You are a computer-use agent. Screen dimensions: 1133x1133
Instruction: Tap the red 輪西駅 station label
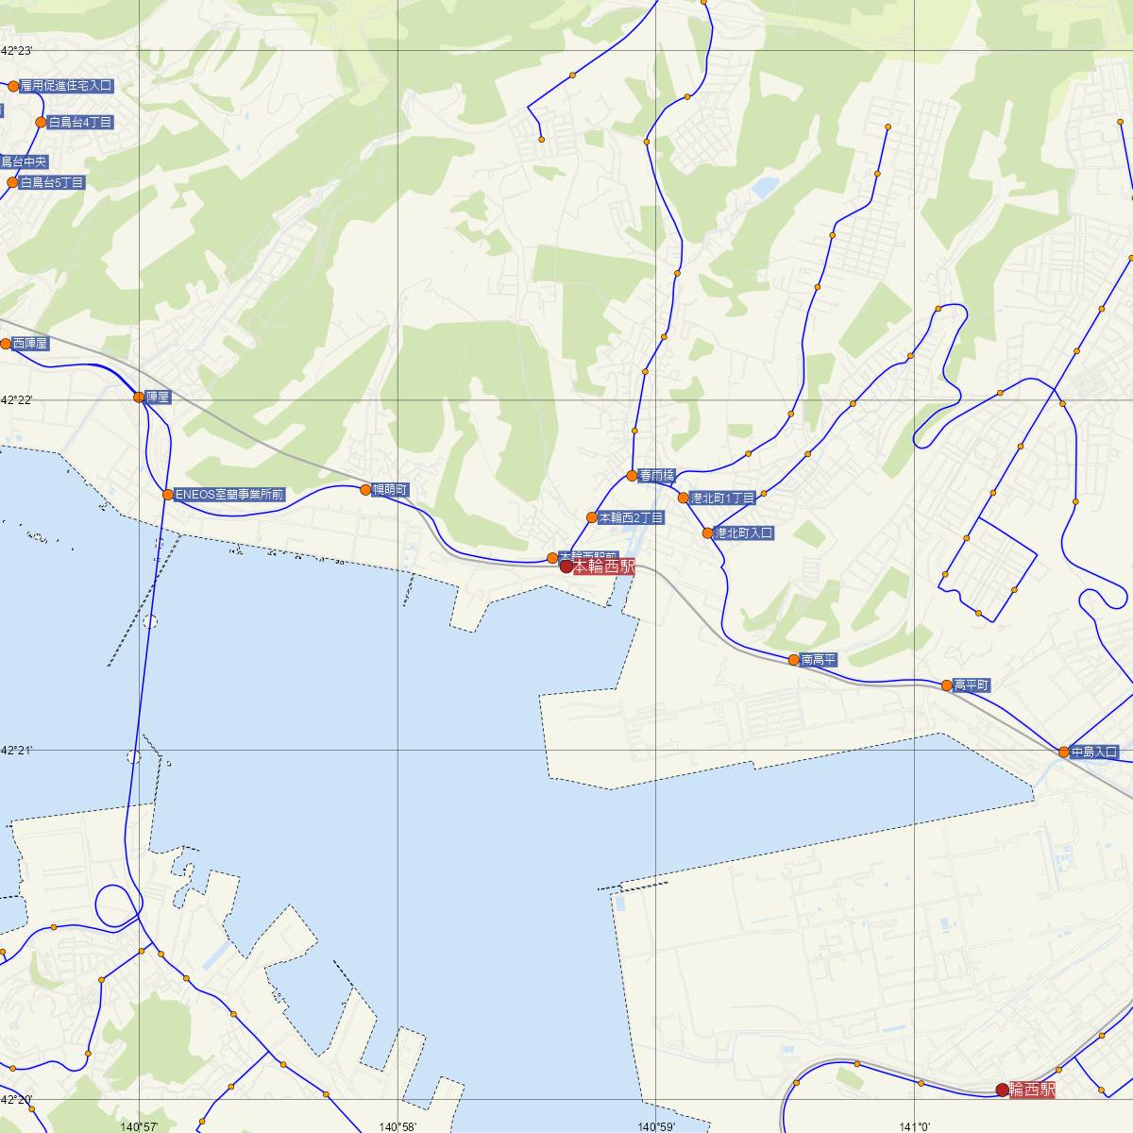[x=1032, y=1090]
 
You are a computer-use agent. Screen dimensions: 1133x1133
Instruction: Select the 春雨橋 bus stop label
[x=656, y=476]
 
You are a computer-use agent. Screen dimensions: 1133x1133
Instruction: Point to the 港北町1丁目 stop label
[x=722, y=498]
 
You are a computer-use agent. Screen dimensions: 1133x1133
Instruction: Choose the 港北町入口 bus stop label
[x=744, y=533]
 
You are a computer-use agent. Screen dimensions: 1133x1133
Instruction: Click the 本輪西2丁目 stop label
[x=631, y=517]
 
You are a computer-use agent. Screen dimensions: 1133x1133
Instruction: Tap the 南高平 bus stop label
[x=819, y=660]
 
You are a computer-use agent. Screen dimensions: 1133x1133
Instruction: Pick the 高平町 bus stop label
[x=972, y=685]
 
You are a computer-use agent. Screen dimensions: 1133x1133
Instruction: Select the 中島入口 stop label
[x=1094, y=753]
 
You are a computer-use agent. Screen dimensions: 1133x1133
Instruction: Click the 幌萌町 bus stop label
[x=390, y=489]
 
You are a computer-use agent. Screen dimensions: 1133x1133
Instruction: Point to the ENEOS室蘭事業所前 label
[x=229, y=494]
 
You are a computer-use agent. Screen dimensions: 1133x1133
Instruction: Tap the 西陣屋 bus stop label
[x=30, y=344]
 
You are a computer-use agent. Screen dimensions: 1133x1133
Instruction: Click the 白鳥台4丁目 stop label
[x=80, y=123]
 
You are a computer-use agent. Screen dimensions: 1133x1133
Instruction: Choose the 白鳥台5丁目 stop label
[x=52, y=182]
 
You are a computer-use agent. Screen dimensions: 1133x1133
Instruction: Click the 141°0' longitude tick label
[x=915, y=1126]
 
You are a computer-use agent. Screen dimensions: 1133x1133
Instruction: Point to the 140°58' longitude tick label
[x=397, y=1126]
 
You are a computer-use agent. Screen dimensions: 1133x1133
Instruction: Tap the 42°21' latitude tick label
[x=17, y=750]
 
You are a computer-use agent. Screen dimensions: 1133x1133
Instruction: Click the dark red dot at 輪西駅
[x=1002, y=1090]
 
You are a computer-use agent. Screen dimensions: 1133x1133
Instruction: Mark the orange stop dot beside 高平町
[x=946, y=685]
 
